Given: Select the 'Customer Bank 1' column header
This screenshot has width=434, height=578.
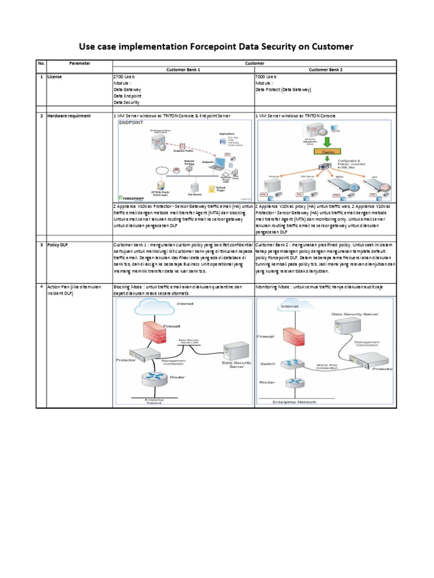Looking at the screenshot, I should click(184, 69).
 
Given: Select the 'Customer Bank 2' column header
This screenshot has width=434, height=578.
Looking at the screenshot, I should click(325, 69).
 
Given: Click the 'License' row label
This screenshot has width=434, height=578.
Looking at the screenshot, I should click(55, 77).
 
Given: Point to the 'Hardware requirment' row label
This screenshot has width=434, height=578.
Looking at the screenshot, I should click(68, 115).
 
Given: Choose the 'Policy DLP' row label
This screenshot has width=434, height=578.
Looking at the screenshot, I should click(58, 244).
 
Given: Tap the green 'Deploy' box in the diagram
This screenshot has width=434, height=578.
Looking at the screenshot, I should click(324, 152).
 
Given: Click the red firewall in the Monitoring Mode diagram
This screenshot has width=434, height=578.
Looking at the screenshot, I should click(292, 336).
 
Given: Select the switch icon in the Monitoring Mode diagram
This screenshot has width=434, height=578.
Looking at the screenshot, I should click(292, 364).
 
